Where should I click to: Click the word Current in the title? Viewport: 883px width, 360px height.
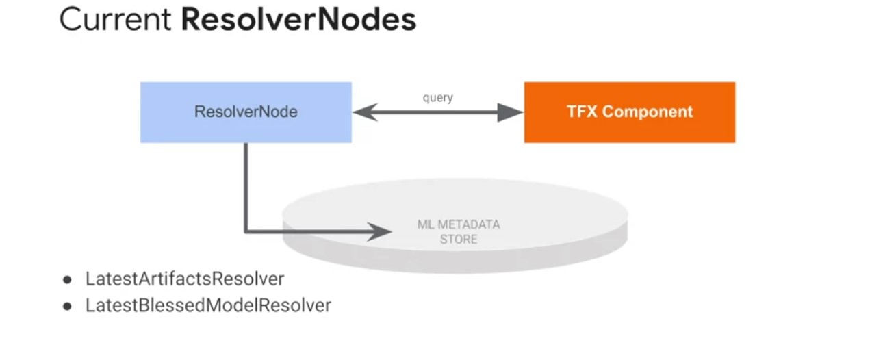[116, 20]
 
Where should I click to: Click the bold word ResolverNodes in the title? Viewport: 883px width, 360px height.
[298, 20]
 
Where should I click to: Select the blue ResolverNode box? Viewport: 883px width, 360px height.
[246, 113]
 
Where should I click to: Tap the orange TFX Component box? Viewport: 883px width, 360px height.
[629, 113]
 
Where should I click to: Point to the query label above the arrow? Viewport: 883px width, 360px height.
[437, 98]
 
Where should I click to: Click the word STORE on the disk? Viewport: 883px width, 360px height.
[459, 240]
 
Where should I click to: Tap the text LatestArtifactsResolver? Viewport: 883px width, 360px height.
[185, 279]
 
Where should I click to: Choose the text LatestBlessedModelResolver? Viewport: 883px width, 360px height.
[208, 305]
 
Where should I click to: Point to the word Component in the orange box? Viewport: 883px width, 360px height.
[649, 112]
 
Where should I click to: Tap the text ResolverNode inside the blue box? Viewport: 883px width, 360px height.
[246, 112]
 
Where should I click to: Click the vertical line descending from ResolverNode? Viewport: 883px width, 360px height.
[246, 185]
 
